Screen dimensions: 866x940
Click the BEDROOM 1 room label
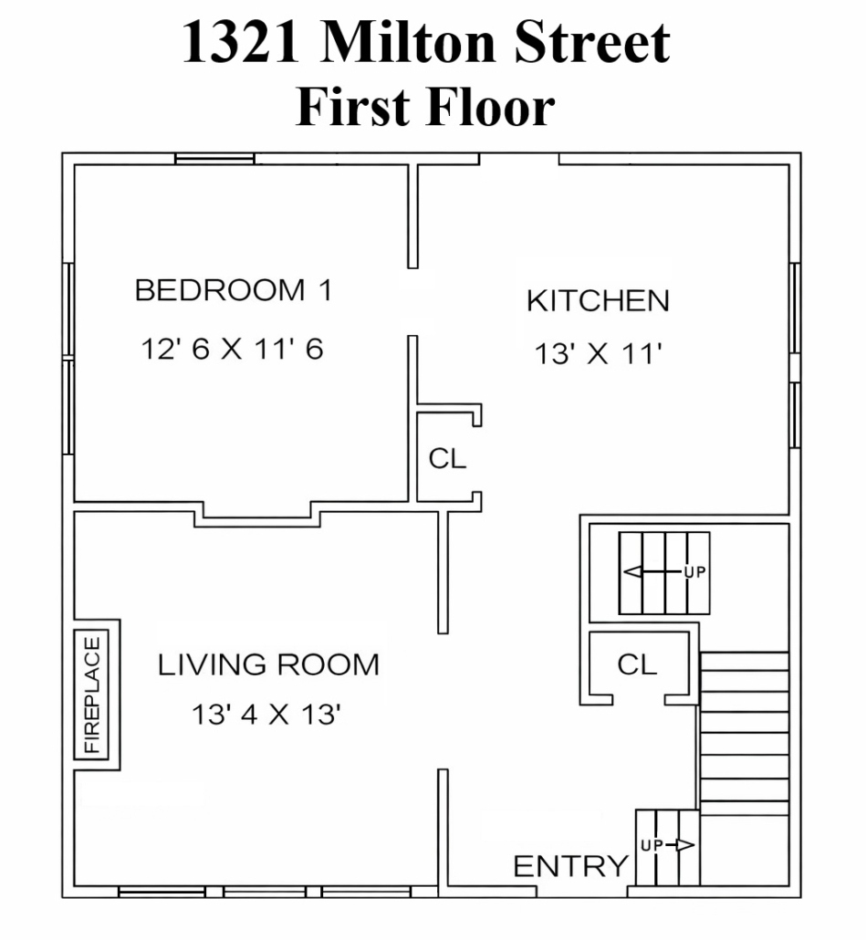click(x=233, y=290)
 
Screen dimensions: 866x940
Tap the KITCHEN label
click(x=598, y=301)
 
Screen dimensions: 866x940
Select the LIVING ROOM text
click(x=268, y=664)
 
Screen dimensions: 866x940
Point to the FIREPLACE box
click(x=91, y=695)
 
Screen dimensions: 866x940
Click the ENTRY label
click(x=570, y=866)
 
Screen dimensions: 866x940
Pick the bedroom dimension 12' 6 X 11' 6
click(x=232, y=349)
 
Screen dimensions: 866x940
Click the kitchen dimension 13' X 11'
click(x=598, y=353)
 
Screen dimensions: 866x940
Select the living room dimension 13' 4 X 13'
click(x=266, y=714)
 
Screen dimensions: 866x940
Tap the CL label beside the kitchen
click(x=447, y=459)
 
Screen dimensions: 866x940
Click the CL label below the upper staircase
click(x=637, y=664)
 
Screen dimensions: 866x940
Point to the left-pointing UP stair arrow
click(x=653, y=572)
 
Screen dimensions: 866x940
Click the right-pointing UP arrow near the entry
click(x=680, y=845)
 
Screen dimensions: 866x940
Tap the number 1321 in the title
click(x=241, y=42)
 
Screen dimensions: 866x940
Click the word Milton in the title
click(x=408, y=42)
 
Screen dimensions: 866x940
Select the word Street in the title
click(x=592, y=42)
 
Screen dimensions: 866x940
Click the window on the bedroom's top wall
click(x=214, y=159)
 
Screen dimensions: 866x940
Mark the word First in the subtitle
click(x=353, y=107)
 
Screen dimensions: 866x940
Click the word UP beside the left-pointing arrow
click(x=695, y=572)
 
